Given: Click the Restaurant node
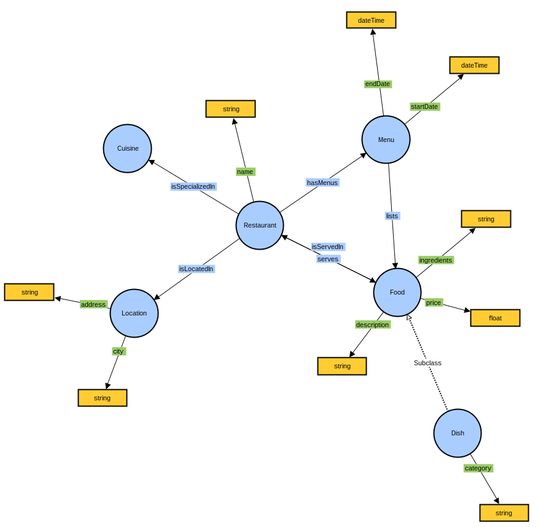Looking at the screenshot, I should coord(260,225).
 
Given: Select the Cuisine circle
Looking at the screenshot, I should coord(127,148).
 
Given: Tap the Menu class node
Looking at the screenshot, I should coord(386,140).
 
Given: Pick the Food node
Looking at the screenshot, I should coord(397,292).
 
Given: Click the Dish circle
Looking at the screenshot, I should coord(458,433).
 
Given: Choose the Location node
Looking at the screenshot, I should coord(134,313).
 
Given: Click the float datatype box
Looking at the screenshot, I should coord(495,318).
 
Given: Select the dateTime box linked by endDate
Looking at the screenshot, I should coord(371,20).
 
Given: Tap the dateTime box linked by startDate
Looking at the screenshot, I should coord(474,65).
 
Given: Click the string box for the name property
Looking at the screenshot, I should coord(230,109).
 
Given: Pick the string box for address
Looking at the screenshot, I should coord(29,292).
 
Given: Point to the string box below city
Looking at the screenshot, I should coord(102,398).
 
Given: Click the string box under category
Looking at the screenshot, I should coord(504,513).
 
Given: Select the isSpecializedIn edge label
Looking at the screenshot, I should coord(193,186).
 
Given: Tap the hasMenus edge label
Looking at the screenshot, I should coord(322,183).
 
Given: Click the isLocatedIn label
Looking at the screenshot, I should coord(196,269).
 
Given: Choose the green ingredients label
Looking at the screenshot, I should coord(435,260).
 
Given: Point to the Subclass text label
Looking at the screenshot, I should coord(427,363).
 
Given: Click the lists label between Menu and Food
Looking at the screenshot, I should coord(392,216).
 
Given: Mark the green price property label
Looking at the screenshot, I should coord(434,303).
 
